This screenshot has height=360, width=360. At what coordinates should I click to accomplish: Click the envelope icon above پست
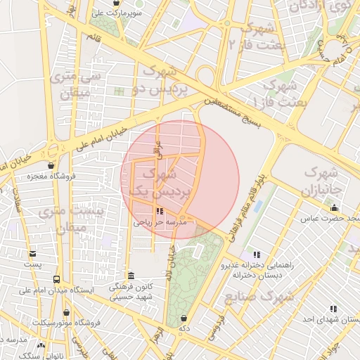coord(32,254)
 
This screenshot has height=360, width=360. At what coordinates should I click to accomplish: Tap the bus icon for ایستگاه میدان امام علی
coord(56,279)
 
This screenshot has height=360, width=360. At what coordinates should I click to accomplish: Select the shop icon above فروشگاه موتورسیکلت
coord(66,312)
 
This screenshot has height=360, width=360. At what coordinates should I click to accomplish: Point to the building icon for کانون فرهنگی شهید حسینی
coord(131,276)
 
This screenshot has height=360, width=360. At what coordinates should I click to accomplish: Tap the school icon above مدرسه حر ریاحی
coord(160,211)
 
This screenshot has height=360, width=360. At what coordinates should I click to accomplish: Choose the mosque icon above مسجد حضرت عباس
coord(334,207)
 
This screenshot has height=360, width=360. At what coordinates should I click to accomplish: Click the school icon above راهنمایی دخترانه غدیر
coord(257,254)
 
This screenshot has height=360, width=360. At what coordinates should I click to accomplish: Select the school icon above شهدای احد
coord(333,308)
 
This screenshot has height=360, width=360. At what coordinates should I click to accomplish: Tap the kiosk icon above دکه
coord(184,318)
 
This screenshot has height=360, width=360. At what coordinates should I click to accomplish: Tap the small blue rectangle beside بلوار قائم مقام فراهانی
coord(257,207)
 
